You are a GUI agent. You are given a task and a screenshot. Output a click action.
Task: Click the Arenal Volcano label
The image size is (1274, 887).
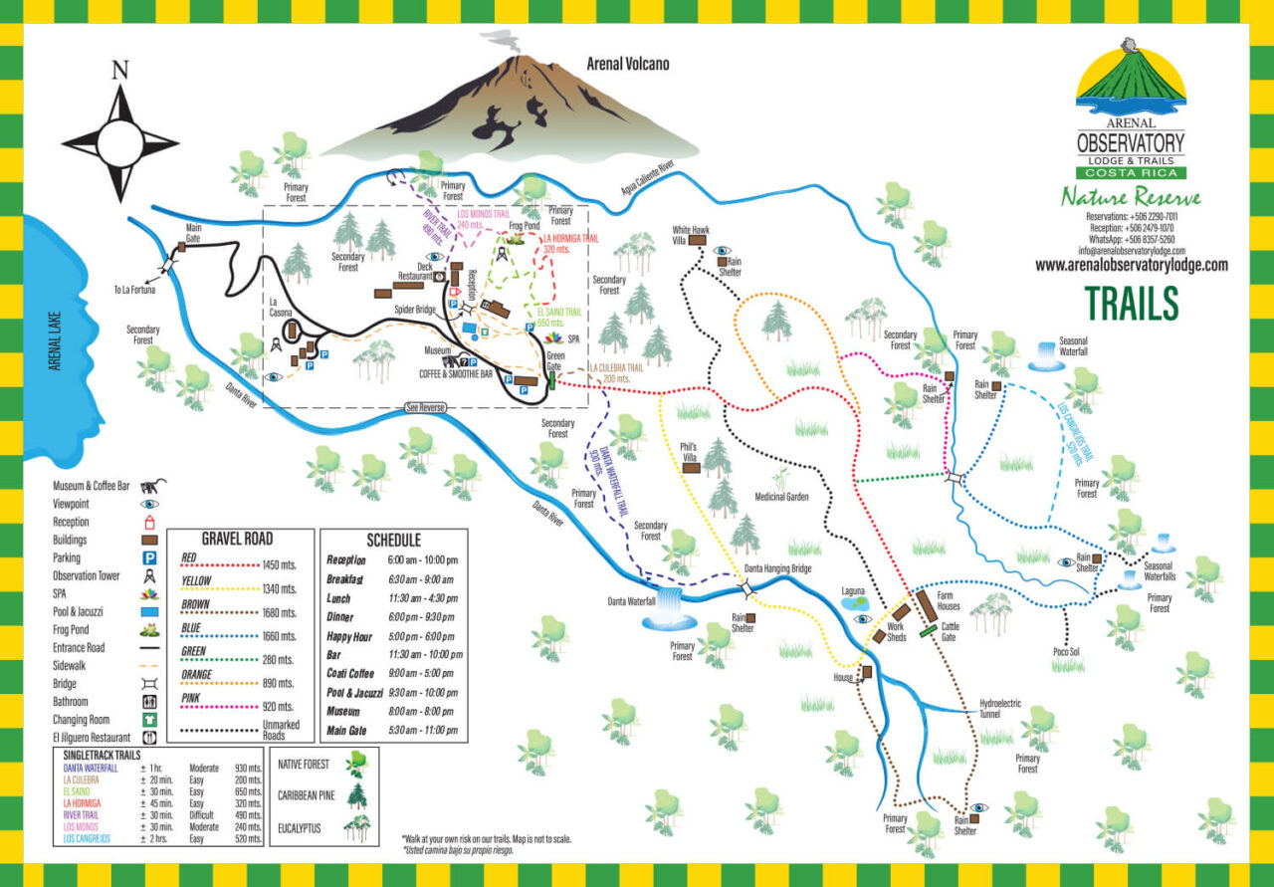pyautogui.click(x=628, y=64)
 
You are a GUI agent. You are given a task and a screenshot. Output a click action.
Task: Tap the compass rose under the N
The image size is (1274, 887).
pyautogui.click(x=120, y=135)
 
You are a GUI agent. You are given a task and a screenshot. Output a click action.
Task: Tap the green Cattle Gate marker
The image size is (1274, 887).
pyautogui.click(x=928, y=629)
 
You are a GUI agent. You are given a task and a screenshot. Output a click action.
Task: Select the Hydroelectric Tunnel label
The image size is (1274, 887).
pyautogui.click(x=1000, y=709)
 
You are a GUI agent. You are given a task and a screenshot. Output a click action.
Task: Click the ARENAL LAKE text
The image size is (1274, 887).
pyautogui.click(x=56, y=341)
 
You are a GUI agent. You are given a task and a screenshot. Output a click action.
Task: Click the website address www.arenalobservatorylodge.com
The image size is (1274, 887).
pyautogui.click(x=1131, y=266)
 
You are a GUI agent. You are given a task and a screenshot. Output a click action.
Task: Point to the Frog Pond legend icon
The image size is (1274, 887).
pyautogui.click(x=151, y=629)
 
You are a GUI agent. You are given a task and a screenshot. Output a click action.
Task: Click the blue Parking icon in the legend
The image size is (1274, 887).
pyautogui.click(x=151, y=557)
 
